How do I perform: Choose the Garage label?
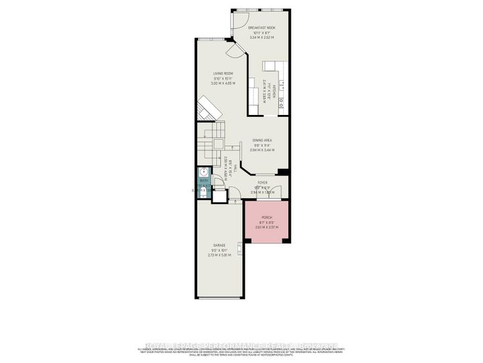click(219, 245)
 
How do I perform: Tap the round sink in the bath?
click(205, 172)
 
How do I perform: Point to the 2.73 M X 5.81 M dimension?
click(219, 255)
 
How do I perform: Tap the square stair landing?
click(219, 145)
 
